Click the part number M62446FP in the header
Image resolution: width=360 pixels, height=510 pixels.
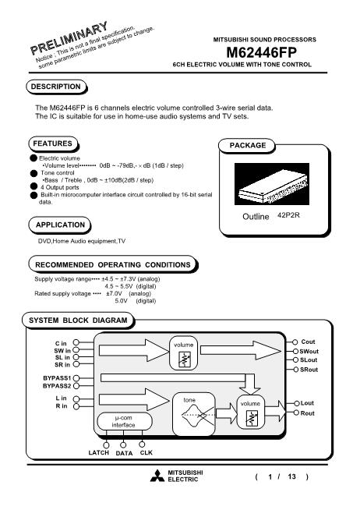[261, 52]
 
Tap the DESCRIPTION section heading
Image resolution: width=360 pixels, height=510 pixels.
[55, 87]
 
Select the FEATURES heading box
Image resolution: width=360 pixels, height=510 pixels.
[53, 143]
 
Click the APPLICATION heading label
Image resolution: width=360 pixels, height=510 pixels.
[60, 225]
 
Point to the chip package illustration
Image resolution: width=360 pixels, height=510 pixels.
[272, 184]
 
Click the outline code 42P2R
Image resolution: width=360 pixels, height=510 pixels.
[288, 215]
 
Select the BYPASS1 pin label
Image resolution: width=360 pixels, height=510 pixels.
[57, 378]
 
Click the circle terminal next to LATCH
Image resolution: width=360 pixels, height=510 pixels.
[106, 444]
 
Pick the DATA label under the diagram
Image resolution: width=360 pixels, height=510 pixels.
[124, 453]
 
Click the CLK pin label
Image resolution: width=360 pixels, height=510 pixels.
[146, 453]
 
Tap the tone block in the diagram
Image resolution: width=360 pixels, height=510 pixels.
[194, 414]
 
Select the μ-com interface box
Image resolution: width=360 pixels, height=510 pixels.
[125, 421]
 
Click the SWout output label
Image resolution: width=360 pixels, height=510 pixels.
[309, 351]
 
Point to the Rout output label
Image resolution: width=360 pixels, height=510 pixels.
[307, 413]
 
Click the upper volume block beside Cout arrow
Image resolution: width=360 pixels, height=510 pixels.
[183, 353]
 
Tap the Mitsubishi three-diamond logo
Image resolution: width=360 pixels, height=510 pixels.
[157, 476]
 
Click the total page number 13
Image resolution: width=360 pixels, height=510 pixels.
[291, 476]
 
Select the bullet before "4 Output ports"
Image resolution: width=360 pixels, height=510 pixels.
[34, 186]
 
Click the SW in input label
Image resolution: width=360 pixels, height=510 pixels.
[62, 351]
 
